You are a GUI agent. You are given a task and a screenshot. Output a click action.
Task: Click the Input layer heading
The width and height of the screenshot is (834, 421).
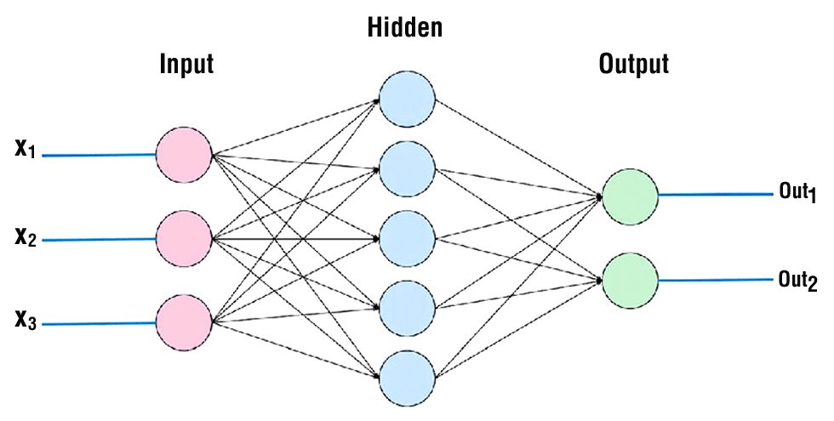coord(186,65)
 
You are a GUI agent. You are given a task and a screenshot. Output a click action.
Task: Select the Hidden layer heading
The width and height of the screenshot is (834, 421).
coord(405,28)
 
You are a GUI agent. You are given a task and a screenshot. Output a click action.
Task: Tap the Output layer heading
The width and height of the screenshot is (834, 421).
coord(634,65)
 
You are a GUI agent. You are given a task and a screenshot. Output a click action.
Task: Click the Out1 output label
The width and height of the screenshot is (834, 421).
coord(797,191)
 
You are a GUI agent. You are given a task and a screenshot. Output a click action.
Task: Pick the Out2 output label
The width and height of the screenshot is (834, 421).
coord(797,280)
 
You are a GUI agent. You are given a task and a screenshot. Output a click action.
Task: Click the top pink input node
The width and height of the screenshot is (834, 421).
coord(184,155)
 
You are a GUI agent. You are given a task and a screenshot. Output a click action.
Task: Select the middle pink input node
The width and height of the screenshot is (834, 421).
coord(184,239)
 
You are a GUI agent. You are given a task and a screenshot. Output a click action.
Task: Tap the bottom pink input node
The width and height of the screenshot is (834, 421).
coord(184,323)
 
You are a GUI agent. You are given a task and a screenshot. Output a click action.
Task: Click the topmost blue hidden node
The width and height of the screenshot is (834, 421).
coord(407,99)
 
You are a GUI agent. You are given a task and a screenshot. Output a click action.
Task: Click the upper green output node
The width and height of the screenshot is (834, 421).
coord(630,196)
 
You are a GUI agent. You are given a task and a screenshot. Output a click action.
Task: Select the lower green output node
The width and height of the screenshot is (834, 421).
coord(630,280)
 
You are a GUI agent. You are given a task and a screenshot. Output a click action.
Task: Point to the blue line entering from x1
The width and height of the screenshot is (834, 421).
coord(98,156)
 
